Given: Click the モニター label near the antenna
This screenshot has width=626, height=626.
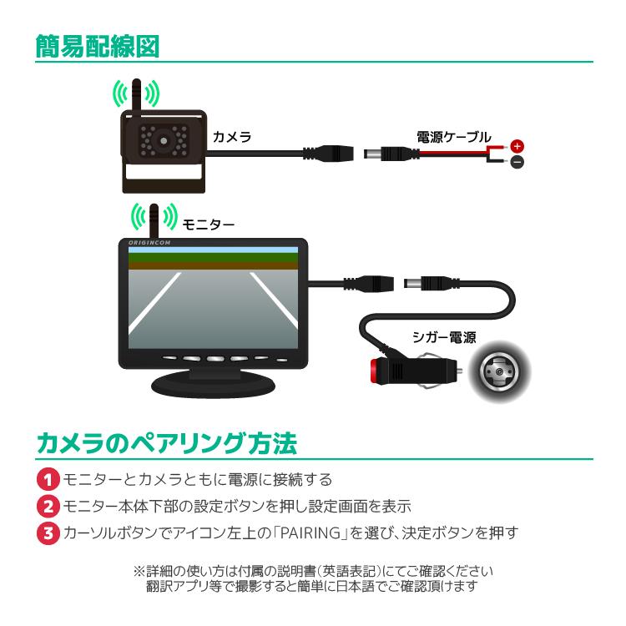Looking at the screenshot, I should pyautogui.click(x=208, y=224).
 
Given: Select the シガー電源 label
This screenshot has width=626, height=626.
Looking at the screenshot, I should pyautogui.click(x=444, y=337).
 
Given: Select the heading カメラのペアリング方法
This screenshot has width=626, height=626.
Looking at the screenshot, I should pyautogui.click(x=166, y=443).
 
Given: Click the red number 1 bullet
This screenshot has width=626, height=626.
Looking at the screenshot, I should pyautogui.click(x=51, y=480).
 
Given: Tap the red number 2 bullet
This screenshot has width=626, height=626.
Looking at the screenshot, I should pyautogui.click(x=51, y=506).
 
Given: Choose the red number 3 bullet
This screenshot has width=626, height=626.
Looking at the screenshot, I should pyautogui.click(x=51, y=532).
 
